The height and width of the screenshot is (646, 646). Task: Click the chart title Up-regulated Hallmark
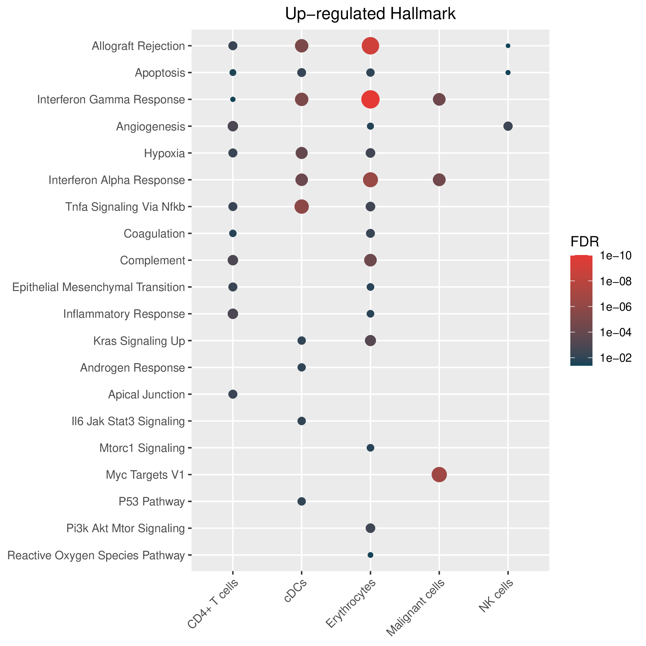tap(370, 14)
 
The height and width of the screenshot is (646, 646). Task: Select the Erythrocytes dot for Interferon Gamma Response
tap(370, 99)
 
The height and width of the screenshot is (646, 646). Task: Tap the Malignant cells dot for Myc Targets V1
tap(439, 474)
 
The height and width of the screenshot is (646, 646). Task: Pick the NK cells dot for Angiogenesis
tap(508, 126)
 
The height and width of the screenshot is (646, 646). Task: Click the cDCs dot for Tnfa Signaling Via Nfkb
tap(301, 207)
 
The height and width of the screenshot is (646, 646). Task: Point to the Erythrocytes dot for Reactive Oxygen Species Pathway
tap(370, 555)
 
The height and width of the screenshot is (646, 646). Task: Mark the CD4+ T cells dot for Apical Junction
tap(233, 394)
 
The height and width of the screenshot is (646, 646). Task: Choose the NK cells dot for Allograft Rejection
tap(508, 46)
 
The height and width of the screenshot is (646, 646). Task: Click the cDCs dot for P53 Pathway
tap(301, 501)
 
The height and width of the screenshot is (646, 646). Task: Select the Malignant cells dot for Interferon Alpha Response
tap(439, 180)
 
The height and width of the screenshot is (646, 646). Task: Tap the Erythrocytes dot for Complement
tap(370, 260)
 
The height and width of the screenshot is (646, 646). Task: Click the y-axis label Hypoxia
tap(165, 154)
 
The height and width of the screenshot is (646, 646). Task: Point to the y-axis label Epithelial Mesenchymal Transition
tap(99, 287)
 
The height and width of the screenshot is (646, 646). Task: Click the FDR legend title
tap(584, 241)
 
